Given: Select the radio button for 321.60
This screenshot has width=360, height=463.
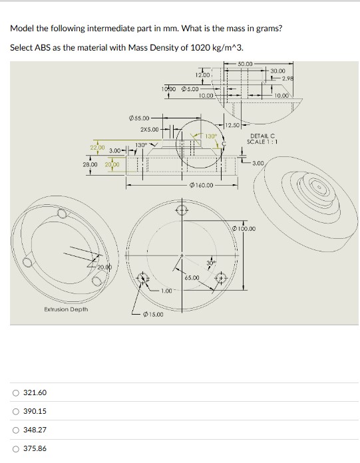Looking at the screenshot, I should click(15, 393).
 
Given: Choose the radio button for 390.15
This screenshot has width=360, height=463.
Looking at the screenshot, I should click(15, 412).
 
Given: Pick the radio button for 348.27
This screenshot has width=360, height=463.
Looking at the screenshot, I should click(15, 430).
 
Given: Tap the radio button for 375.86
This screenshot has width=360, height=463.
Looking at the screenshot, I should click(15, 449).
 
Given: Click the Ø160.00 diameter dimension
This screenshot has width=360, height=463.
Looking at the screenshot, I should click(202, 186).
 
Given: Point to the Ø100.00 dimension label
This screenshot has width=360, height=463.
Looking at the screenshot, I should click(244, 229).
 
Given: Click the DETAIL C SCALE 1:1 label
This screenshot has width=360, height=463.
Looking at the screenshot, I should click(260, 139).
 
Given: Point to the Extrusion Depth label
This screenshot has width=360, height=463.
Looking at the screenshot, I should click(66, 309).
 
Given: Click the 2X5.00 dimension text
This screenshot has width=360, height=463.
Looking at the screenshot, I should click(150, 129).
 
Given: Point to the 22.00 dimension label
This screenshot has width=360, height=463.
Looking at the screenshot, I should click(97, 146).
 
